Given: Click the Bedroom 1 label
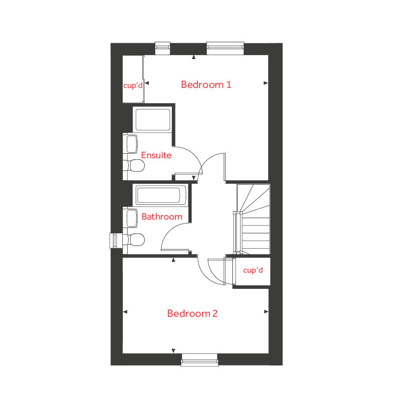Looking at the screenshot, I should [206, 84].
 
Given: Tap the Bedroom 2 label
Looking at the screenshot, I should [192, 313].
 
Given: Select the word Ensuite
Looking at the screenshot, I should [156, 155].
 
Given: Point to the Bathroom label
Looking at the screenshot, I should [162, 217].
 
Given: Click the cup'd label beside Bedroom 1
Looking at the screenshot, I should [133, 85].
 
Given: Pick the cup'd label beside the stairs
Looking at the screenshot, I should [253, 271].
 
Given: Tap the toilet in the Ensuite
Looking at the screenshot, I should [135, 166].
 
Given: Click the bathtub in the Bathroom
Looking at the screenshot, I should [161, 196].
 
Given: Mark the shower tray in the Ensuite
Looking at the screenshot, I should [152, 120].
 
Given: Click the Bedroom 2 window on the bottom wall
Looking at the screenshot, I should [199, 360].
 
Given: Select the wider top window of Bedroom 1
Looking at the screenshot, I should [225, 48].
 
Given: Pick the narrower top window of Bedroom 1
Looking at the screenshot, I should [162, 48].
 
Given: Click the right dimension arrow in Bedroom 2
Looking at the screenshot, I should [266, 311].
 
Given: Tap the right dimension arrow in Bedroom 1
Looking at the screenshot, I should [266, 83].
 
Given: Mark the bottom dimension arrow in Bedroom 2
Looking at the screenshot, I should [173, 350].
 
